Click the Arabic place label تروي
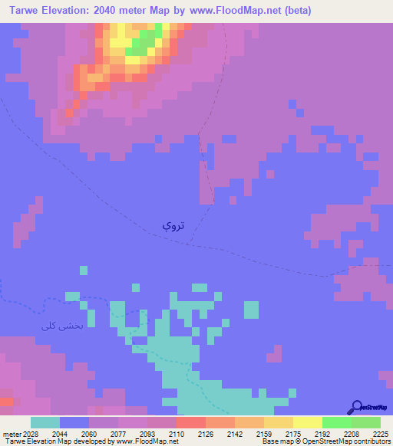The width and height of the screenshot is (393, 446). (x=171, y=225)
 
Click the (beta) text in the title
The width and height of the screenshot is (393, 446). (x=296, y=10)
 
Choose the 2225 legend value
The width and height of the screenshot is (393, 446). (x=381, y=434)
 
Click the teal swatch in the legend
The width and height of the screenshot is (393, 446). (x=45, y=422)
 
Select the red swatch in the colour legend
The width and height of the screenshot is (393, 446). (x=191, y=422)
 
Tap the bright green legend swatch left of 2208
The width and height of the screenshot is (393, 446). (x=337, y=422)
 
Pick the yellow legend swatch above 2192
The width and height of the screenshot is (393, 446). (x=308, y=422)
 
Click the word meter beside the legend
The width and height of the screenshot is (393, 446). (x=12, y=434)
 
